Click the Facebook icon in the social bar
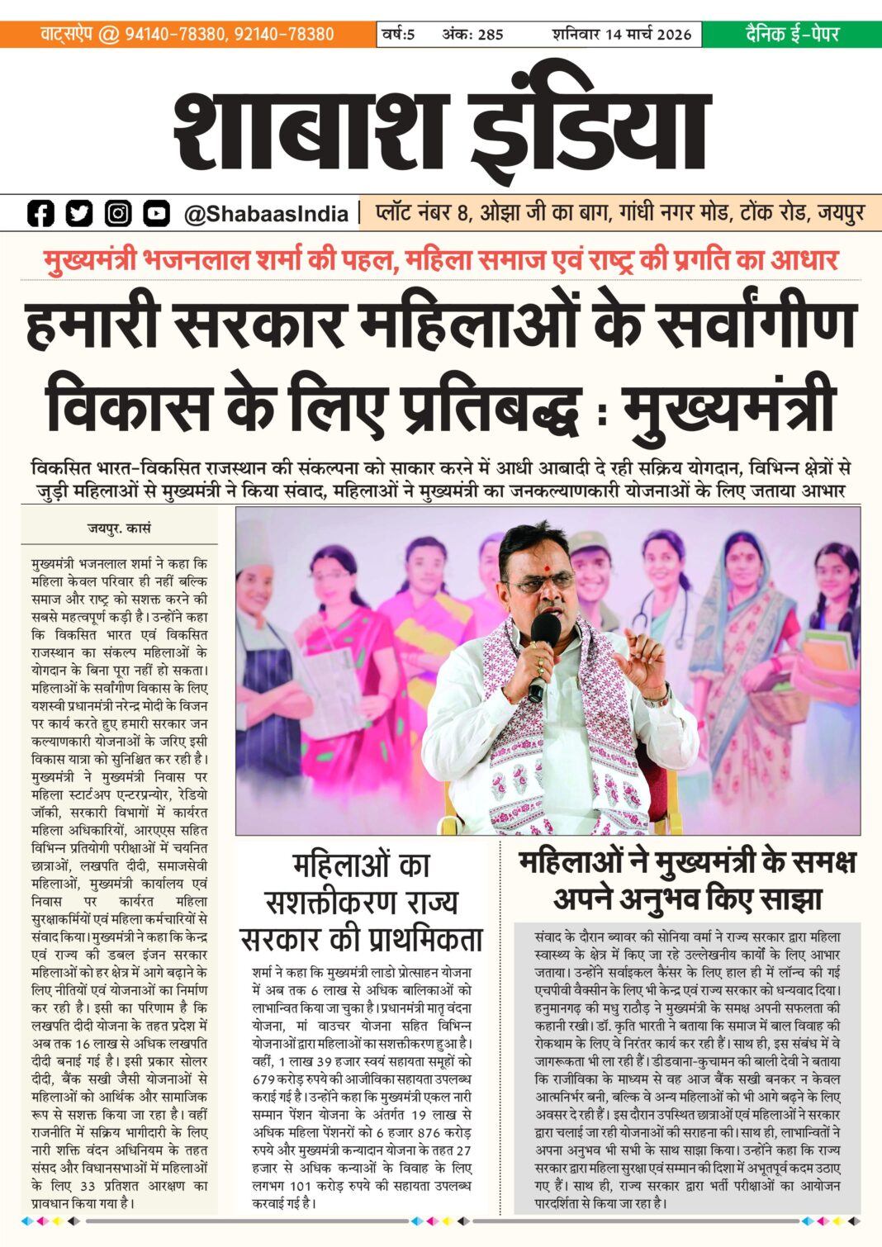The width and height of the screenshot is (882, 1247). [x=40, y=214]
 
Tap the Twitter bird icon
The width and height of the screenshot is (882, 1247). [x=79, y=214]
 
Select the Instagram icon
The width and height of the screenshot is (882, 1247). [x=118, y=214]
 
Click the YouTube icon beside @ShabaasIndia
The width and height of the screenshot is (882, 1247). [x=156, y=214]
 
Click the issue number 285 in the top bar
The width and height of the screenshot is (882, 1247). [x=490, y=35]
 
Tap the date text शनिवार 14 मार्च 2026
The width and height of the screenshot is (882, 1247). [x=621, y=35]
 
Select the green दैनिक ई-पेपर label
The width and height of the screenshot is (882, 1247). [x=791, y=34]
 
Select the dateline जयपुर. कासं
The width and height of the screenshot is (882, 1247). [x=120, y=527]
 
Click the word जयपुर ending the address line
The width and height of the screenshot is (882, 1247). [x=841, y=213]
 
